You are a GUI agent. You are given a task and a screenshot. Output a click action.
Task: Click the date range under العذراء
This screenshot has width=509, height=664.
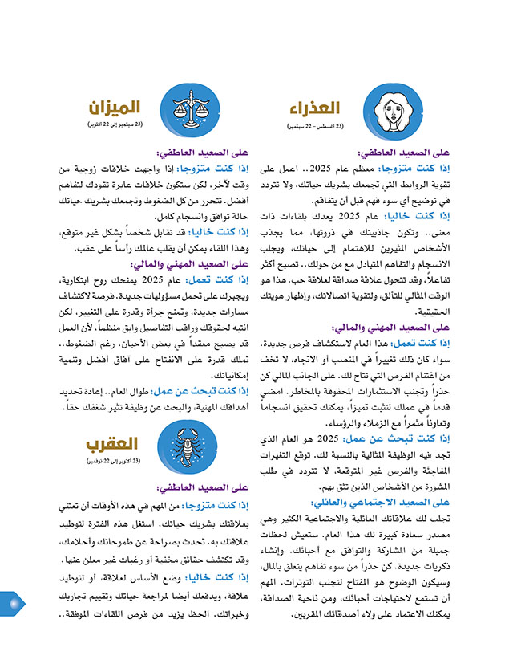[x=316, y=126]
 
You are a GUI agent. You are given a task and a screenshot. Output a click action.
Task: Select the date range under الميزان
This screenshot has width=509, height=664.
[x=117, y=124]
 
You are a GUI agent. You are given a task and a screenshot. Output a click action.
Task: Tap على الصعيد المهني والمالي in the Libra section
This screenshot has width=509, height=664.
[x=183, y=263]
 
